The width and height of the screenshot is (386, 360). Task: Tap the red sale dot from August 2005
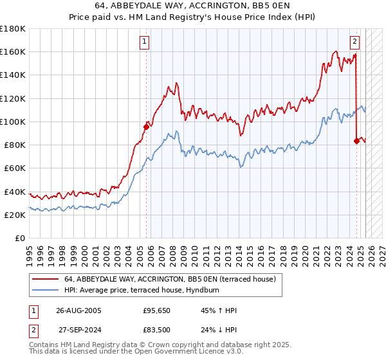click(146, 127)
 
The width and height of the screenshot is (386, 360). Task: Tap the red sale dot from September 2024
click(356, 141)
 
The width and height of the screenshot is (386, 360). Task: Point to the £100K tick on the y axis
click(13, 122)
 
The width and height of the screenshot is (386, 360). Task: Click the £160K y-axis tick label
click(13, 51)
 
